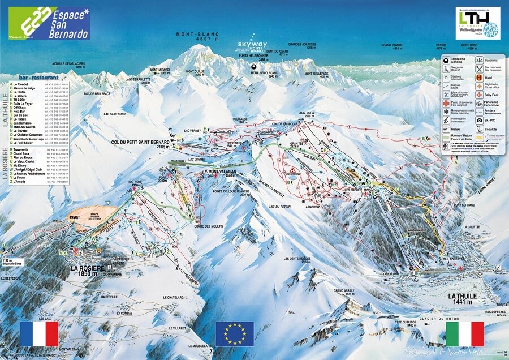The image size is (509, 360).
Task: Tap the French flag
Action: click(x=39, y=333)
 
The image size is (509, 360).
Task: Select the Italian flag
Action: click(x=465, y=333)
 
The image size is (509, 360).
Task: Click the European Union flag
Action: click(x=235, y=333)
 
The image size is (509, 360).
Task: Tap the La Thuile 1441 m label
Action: click(x=462, y=299)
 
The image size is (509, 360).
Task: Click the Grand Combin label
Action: click(x=392, y=46)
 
